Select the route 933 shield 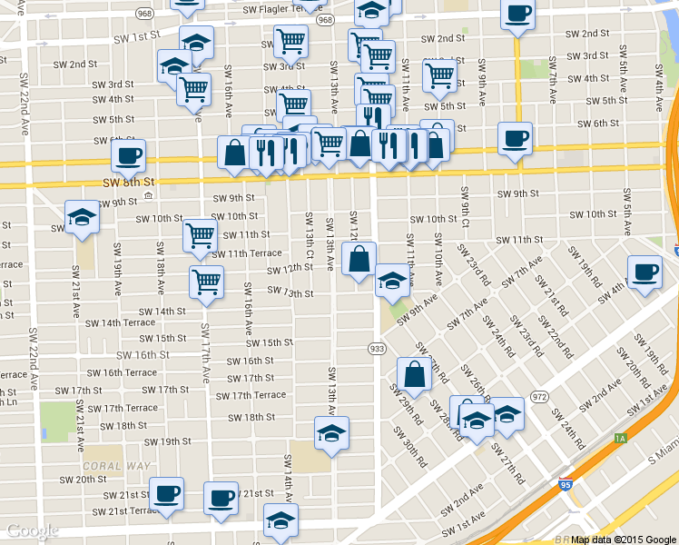[x=377, y=349]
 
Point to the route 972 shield [x=539, y=396]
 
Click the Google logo [x=33, y=531]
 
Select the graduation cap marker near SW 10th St [x=82, y=218]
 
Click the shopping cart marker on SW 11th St [x=200, y=235]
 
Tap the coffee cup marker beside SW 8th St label [x=128, y=155]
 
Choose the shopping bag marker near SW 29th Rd [x=414, y=374]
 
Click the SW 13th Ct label [x=310, y=234]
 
